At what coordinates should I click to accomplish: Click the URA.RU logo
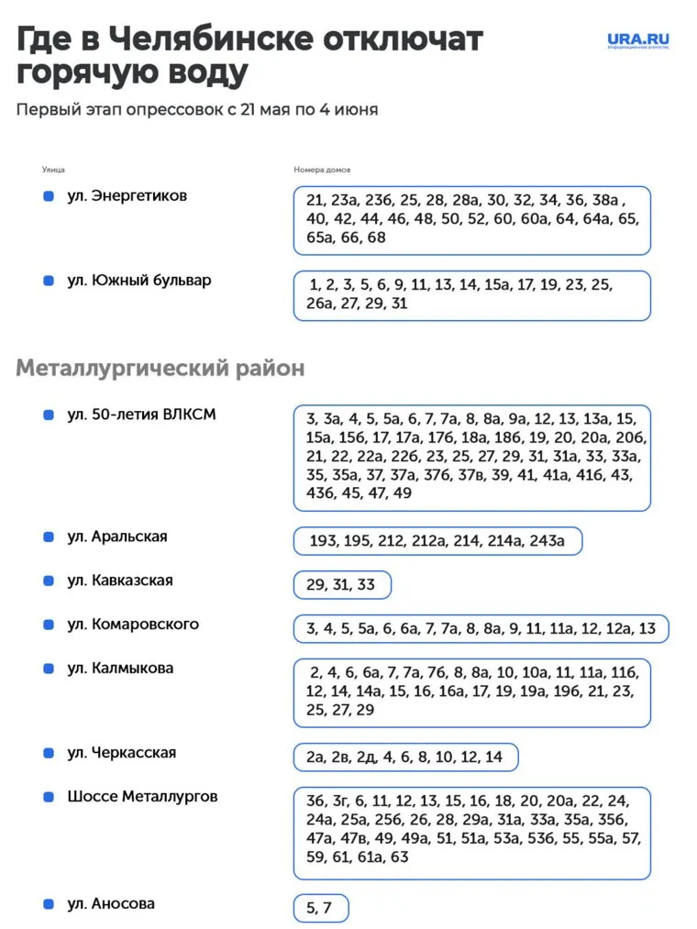click(x=637, y=40)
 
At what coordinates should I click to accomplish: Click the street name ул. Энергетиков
click(x=127, y=196)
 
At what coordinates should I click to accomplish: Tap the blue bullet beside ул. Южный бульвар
click(x=49, y=281)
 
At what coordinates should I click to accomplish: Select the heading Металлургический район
click(x=160, y=369)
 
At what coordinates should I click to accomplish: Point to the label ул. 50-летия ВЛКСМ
click(x=141, y=415)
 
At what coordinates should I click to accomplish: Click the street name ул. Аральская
click(x=116, y=536)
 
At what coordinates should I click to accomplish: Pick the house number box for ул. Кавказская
click(x=342, y=585)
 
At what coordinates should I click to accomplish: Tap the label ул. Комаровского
click(x=132, y=625)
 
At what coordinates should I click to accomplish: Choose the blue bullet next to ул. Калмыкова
click(x=49, y=669)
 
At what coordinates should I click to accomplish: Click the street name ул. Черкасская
click(x=121, y=753)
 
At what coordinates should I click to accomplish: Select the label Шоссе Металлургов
click(x=142, y=797)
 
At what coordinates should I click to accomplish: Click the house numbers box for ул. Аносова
click(x=321, y=908)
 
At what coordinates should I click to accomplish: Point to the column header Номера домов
click(x=322, y=170)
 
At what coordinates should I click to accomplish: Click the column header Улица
click(x=53, y=170)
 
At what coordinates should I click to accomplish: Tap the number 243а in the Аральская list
click(x=548, y=541)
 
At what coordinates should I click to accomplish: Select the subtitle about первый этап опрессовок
click(x=196, y=110)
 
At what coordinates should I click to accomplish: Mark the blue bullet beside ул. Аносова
click(x=49, y=904)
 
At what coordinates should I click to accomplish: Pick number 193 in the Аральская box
click(x=323, y=541)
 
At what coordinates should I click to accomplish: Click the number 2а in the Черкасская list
click(x=315, y=758)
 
